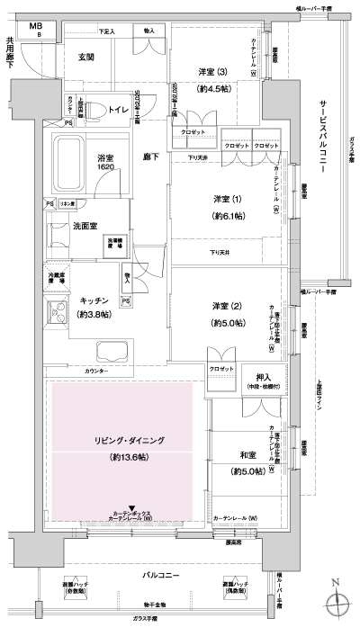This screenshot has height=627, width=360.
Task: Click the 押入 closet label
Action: point(263,378)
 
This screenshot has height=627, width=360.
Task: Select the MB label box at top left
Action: point(35,25)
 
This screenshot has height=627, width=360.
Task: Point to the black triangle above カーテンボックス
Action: point(133,509)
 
